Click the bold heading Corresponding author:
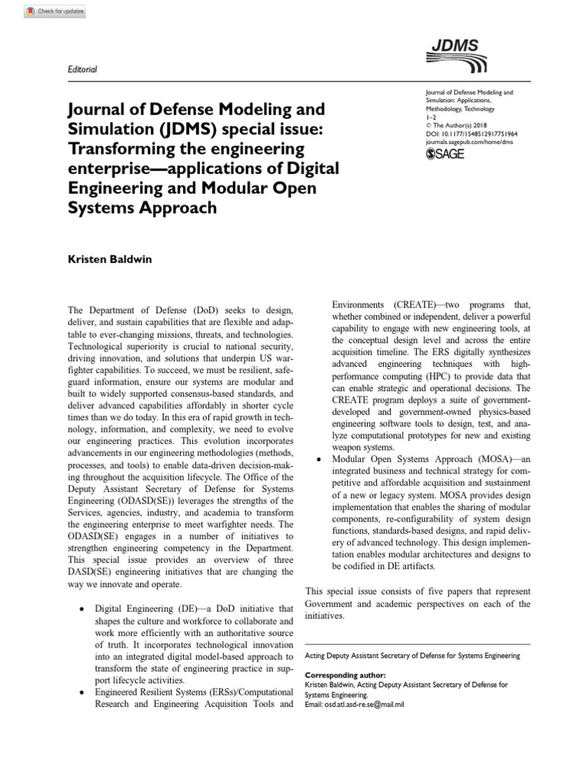tap(345, 676)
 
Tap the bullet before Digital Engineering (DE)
tap(82, 609)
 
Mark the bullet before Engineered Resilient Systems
tap(82, 691)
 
